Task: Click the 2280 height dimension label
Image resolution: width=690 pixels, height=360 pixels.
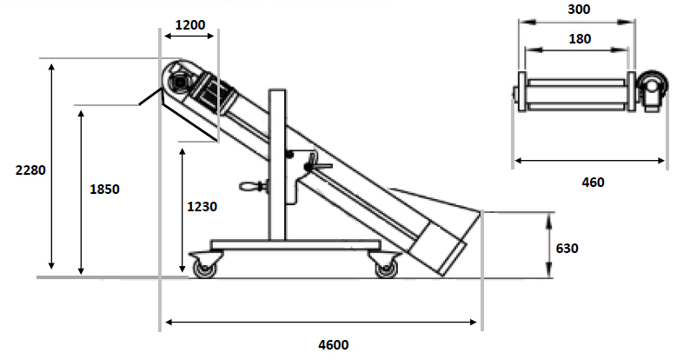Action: [x=30, y=170]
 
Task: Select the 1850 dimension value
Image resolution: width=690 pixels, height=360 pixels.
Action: [x=104, y=188]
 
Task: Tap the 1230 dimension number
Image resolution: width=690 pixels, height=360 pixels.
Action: [x=202, y=207]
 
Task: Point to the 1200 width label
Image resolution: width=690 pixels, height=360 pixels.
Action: [x=189, y=25]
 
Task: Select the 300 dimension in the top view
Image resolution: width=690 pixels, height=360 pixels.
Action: [x=577, y=10]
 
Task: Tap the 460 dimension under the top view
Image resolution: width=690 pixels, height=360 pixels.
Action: [x=591, y=182]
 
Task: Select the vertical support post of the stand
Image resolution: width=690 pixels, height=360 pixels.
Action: [x=278, y=165]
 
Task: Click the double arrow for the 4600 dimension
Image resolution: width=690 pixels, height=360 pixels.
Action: [x=322, y=323]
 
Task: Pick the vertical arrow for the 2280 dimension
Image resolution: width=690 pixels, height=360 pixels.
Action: [x=52, y=165]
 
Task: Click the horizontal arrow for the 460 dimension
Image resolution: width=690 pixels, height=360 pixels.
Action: [x=590, y=161]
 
